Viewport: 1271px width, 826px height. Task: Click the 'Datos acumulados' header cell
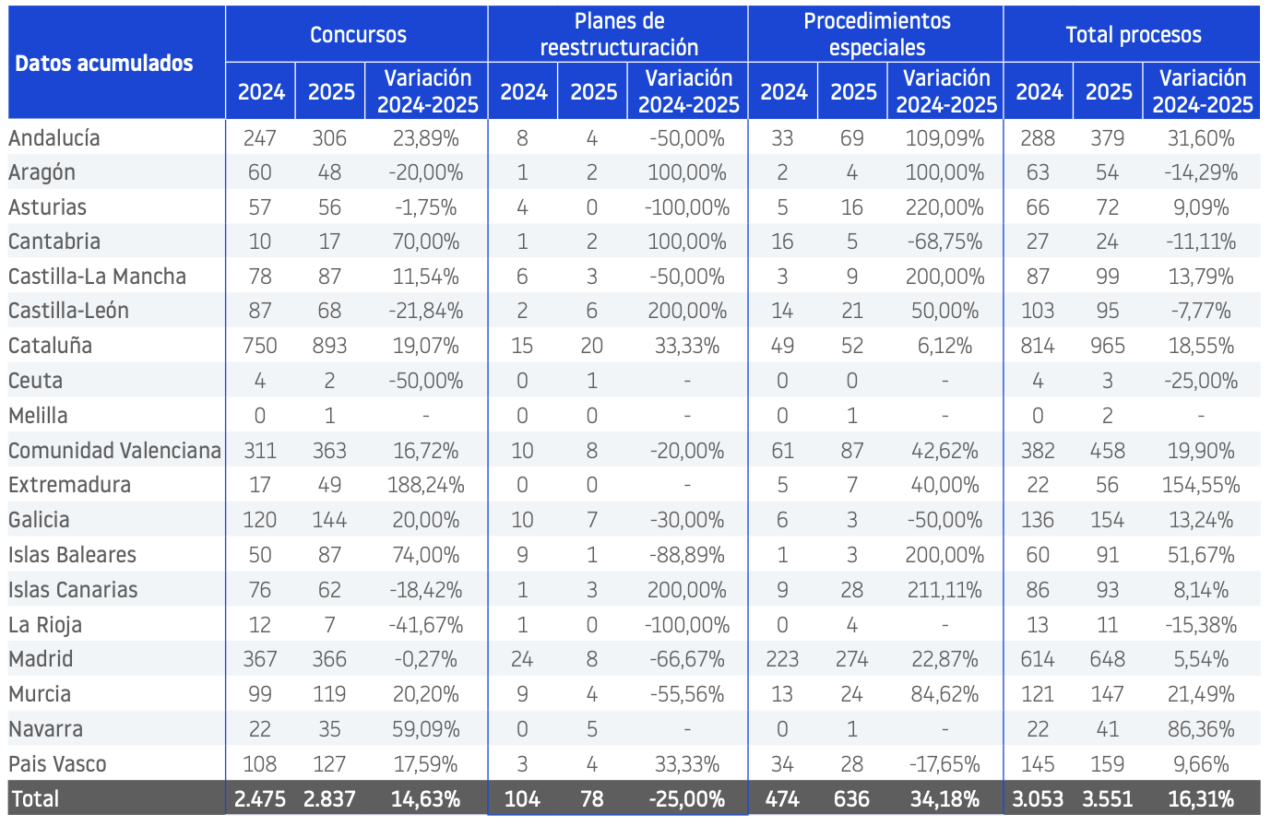(x=104, y=64)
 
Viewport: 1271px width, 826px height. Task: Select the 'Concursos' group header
(x=358, y=35)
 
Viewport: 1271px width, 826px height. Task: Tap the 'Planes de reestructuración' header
(x=619, y=34)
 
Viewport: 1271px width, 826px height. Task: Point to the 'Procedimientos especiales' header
(x=876, y=34)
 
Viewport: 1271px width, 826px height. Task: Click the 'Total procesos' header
(x=1134, y=35)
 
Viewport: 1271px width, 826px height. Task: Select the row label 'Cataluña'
(x=50, y=346)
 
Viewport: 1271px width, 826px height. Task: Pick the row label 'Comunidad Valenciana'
(x=114, y=451)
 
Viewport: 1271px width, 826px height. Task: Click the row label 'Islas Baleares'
(x=72, y=555)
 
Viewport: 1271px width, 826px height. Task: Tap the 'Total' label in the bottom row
(x=35, y=798)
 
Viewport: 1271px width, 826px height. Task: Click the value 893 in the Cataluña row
(x=329, y=346)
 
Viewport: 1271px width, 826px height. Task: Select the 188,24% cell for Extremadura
(x=425, y=485)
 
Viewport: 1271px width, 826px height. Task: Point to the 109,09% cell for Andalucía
(x=944, y=138)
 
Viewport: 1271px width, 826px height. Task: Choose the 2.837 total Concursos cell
(x=329, y=798)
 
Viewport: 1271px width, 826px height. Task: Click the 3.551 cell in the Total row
(x=1108, y=798)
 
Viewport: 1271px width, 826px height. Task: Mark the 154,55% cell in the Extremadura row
(x=1201, y=485)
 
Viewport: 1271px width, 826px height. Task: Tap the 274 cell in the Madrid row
(x=852, y=659)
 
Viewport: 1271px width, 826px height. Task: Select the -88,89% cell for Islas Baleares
(x=687, y=555)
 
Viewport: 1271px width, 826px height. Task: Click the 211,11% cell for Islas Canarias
(x=944, y=590)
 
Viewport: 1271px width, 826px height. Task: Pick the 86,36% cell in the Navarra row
(x=1201, y=729)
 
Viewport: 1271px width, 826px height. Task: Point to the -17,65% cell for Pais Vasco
(x=944, y=764)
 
